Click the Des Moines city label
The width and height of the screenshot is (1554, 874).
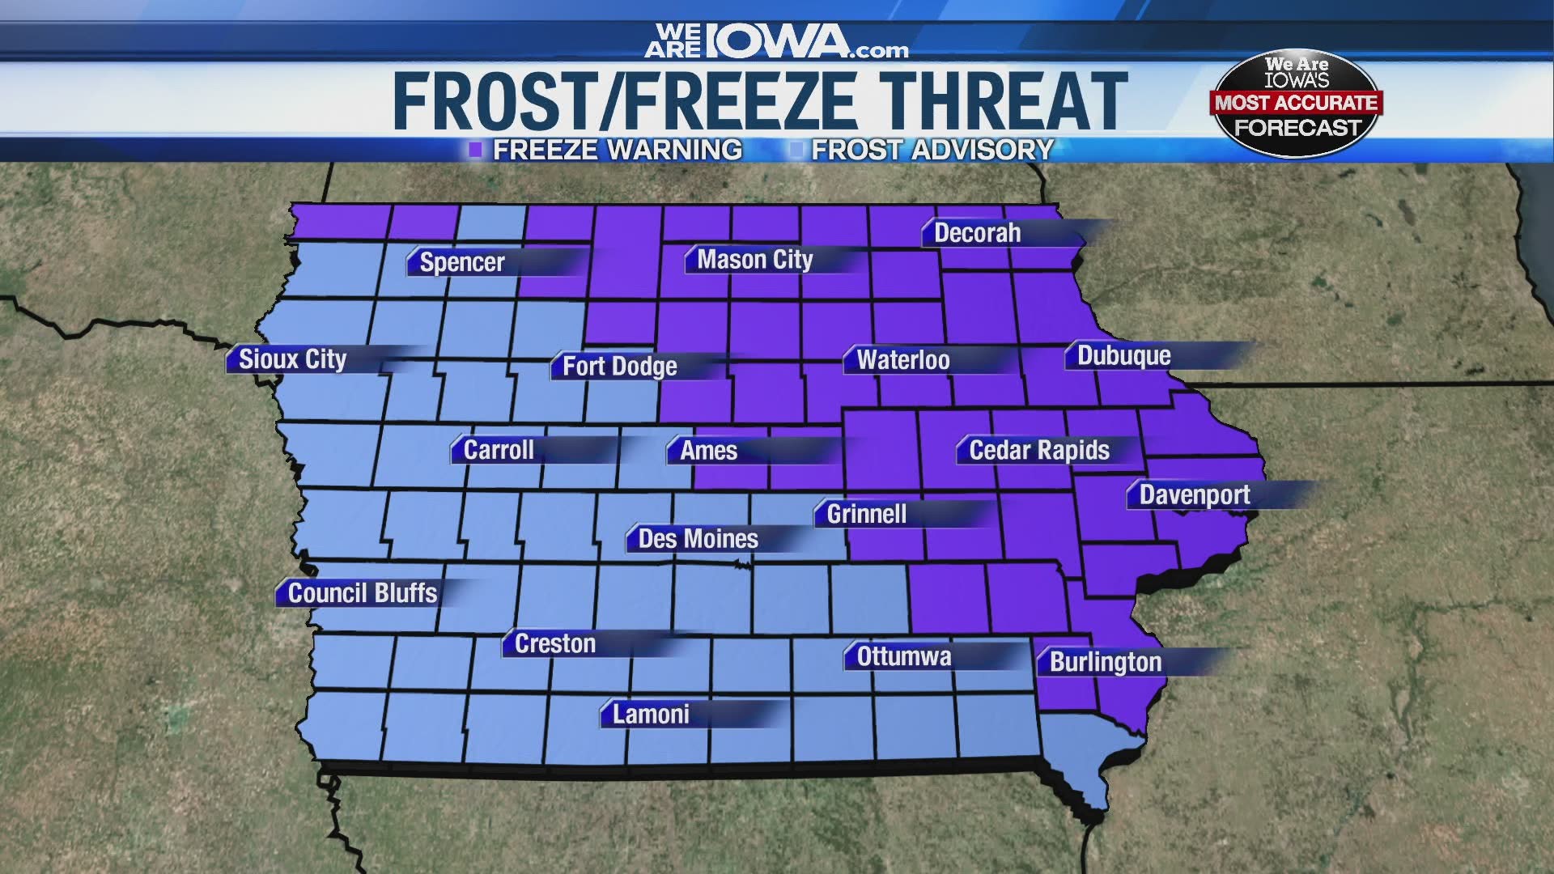tap(698, 539)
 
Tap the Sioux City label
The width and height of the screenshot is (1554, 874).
tap(292, 359)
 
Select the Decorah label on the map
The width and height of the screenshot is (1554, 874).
tap(977, 233)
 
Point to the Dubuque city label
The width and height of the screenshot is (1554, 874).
tap(1123, 356)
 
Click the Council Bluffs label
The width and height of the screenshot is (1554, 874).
tap(362, 593)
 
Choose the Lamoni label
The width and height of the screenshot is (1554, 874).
tap(651, 714)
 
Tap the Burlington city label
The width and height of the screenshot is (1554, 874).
tap(1105, 662)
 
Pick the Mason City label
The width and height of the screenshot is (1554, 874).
tap(754, 260)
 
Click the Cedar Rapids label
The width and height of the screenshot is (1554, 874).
tap(1038, 450)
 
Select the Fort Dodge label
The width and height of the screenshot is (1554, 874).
tap(619, 366)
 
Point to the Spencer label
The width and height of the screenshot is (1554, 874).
tap(461, 262)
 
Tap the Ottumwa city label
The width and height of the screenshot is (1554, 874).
tap(903, 656)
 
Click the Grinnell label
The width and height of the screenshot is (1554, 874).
tap(866, 514)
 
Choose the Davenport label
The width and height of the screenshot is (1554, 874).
tap(1194, 494)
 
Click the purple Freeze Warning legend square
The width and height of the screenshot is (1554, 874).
tap(476, 150)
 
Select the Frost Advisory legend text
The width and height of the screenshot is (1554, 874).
tap(932, 150)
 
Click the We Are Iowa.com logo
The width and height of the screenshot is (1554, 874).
tap(776, 42)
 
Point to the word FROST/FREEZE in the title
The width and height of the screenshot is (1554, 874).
tap(623, 101)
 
